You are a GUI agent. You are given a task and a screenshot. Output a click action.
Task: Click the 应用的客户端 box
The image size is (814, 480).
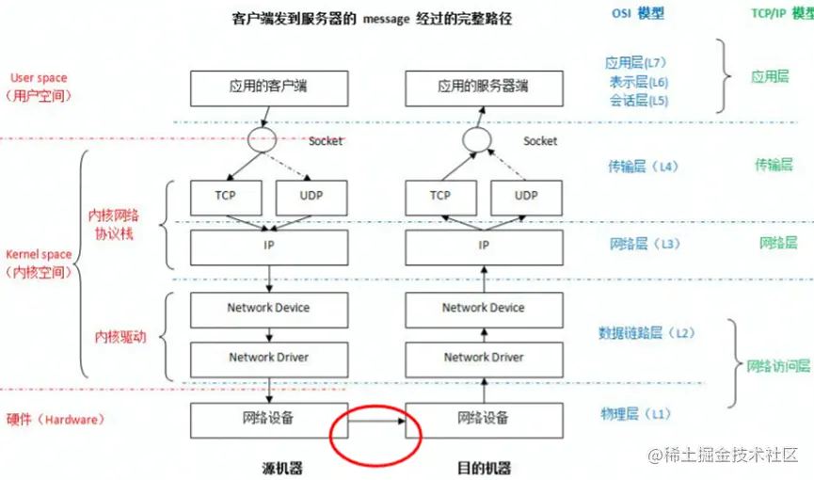[x=268, y=88]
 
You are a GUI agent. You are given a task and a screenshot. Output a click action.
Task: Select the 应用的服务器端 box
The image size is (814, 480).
[x=483, y=88]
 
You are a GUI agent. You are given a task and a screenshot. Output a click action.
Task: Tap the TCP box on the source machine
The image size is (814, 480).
[x=225, y=197]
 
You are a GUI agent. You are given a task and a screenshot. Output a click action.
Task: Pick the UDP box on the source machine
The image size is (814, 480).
[x=311, y=197]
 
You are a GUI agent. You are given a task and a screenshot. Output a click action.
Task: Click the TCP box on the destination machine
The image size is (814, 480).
[x=439, y=197]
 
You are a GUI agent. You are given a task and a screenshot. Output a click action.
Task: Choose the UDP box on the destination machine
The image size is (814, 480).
[x=526, y=197]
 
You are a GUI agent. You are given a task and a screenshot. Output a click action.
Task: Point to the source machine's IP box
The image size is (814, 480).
[x=268, y=247]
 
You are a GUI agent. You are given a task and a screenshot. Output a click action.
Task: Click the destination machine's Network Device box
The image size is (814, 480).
[x=483, y=308]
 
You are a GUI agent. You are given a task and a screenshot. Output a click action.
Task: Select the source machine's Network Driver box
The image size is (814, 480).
[x=268, y=358]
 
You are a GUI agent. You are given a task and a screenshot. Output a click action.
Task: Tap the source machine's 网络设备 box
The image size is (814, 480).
[x=268, y=418]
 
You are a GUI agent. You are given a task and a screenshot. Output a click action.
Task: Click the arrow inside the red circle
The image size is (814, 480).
[x=375, y=420]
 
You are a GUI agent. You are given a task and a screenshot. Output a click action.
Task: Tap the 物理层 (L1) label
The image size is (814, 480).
[x=636, y=413]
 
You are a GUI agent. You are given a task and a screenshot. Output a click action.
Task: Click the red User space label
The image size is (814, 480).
[x=39, y=77]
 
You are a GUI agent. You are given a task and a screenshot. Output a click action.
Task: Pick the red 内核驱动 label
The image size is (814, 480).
[x=120, y=337]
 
